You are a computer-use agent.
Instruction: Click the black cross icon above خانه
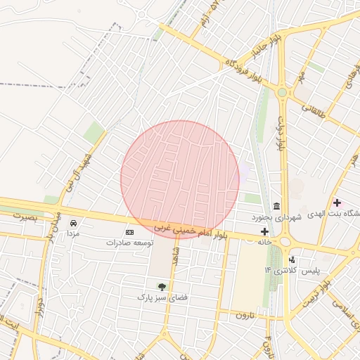[x=264, y=231]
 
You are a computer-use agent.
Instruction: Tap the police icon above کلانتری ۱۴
[x=292, y=259]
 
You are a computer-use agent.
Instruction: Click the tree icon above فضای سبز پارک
[x=162, y=286]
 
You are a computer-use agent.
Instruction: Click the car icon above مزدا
[x=73, y=222]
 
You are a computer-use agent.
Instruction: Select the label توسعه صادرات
[x=129, y=242]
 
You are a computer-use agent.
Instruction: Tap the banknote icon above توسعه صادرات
[x=129, y=231]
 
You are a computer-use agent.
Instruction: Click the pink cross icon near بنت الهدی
[x=337, y=202]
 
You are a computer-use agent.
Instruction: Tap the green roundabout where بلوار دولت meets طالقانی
[x=282, y=92]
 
